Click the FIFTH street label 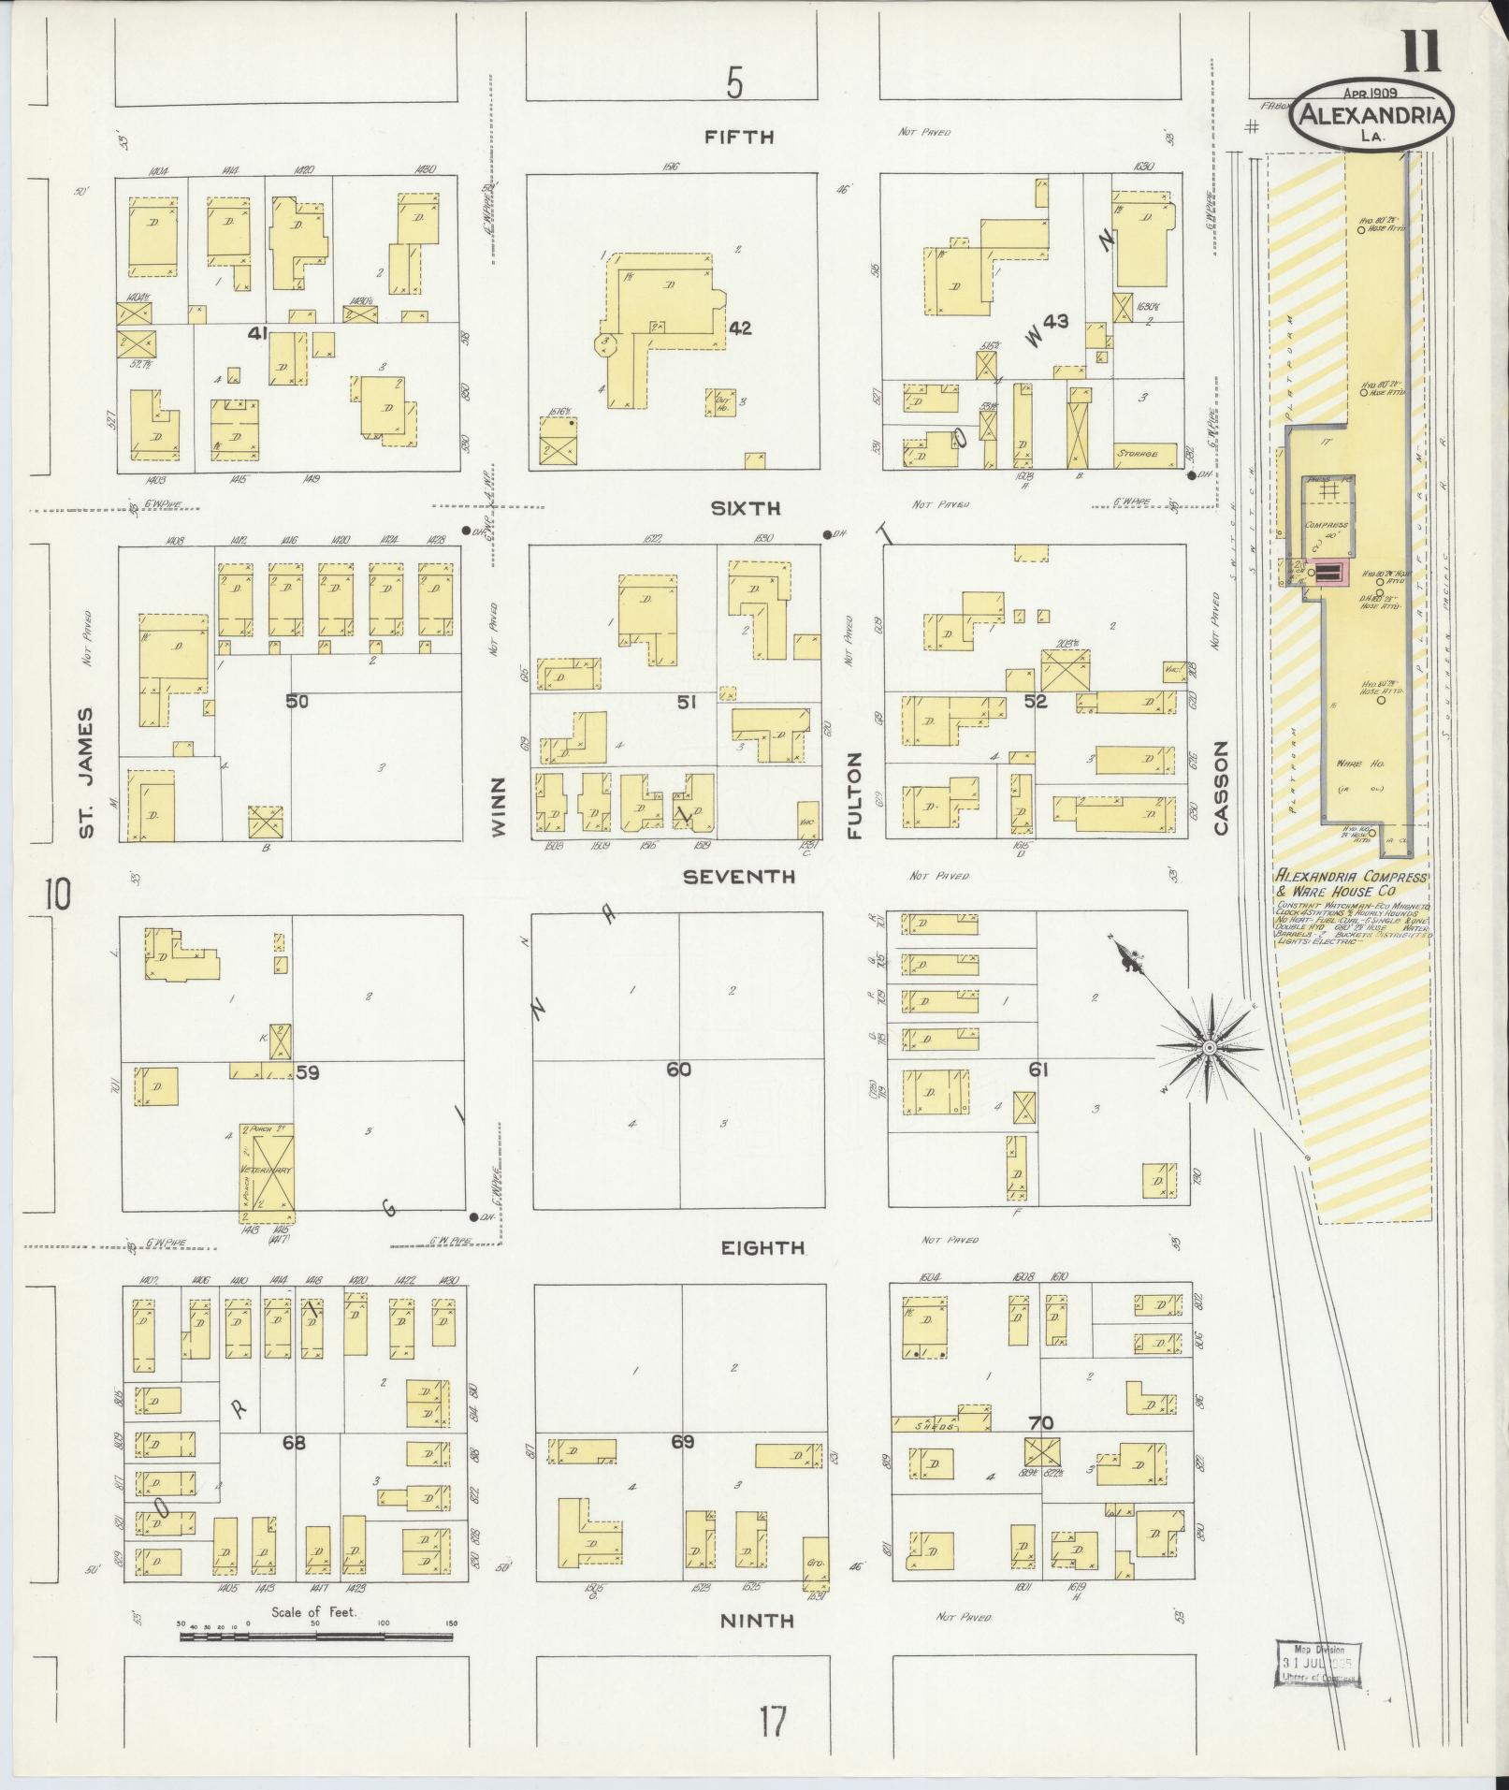click(739, 137)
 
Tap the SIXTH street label click(745, 508)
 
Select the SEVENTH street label click(738, 876)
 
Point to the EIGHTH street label click(762, 1247)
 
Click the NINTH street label click(757, 1620)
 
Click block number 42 click(740, 328)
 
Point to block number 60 click(678, 1069)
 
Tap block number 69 click(682, 1442)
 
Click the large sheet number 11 click(1421, 51)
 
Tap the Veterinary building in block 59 click(267, 1171)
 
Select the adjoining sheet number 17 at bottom click(772, 1721)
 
